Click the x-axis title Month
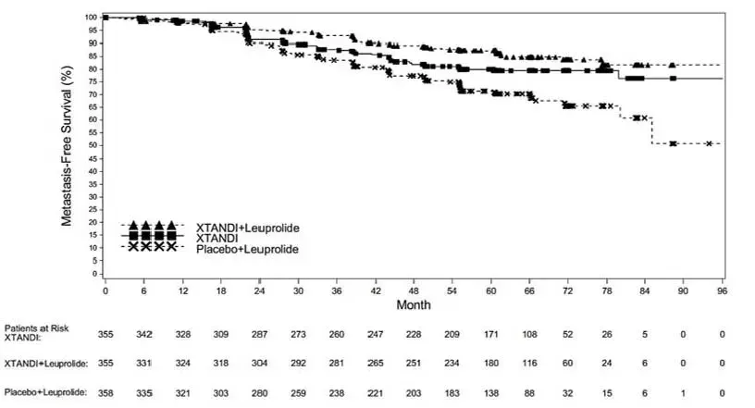tap(413, 303)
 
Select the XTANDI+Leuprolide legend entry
tap(247, 227)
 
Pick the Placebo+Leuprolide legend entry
tap(247, 248)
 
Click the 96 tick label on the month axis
tap(722, 291)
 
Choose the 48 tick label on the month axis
tap(414, 291)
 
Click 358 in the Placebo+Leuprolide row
tap(105, 393)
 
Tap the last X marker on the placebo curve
tap(709, 143)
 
